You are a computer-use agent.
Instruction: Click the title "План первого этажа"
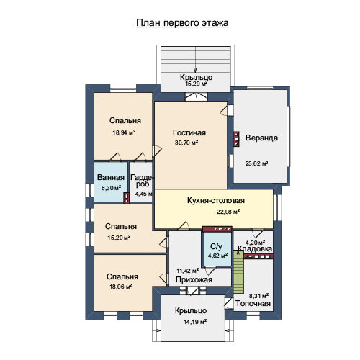182,23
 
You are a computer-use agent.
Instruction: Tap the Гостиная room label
189,132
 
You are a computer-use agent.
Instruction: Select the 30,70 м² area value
186,143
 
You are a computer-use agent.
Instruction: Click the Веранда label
261,138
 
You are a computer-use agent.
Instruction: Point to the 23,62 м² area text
256,163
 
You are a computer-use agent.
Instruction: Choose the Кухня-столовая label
216,200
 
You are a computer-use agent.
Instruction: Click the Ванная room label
111,177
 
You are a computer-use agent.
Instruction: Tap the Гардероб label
142,181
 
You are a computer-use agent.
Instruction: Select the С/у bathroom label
216,246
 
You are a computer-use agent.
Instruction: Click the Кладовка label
255,248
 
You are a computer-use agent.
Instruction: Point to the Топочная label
253,303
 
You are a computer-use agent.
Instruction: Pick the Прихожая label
194,279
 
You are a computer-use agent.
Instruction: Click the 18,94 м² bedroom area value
124,132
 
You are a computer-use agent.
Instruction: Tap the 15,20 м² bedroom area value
119,238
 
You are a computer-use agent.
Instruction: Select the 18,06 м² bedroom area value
120,287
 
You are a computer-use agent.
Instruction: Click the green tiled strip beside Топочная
238,272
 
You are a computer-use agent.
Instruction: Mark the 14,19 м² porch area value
195,322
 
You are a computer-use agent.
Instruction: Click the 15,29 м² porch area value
196,84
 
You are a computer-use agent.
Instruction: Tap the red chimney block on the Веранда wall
237,139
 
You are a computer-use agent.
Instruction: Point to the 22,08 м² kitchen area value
228,212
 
